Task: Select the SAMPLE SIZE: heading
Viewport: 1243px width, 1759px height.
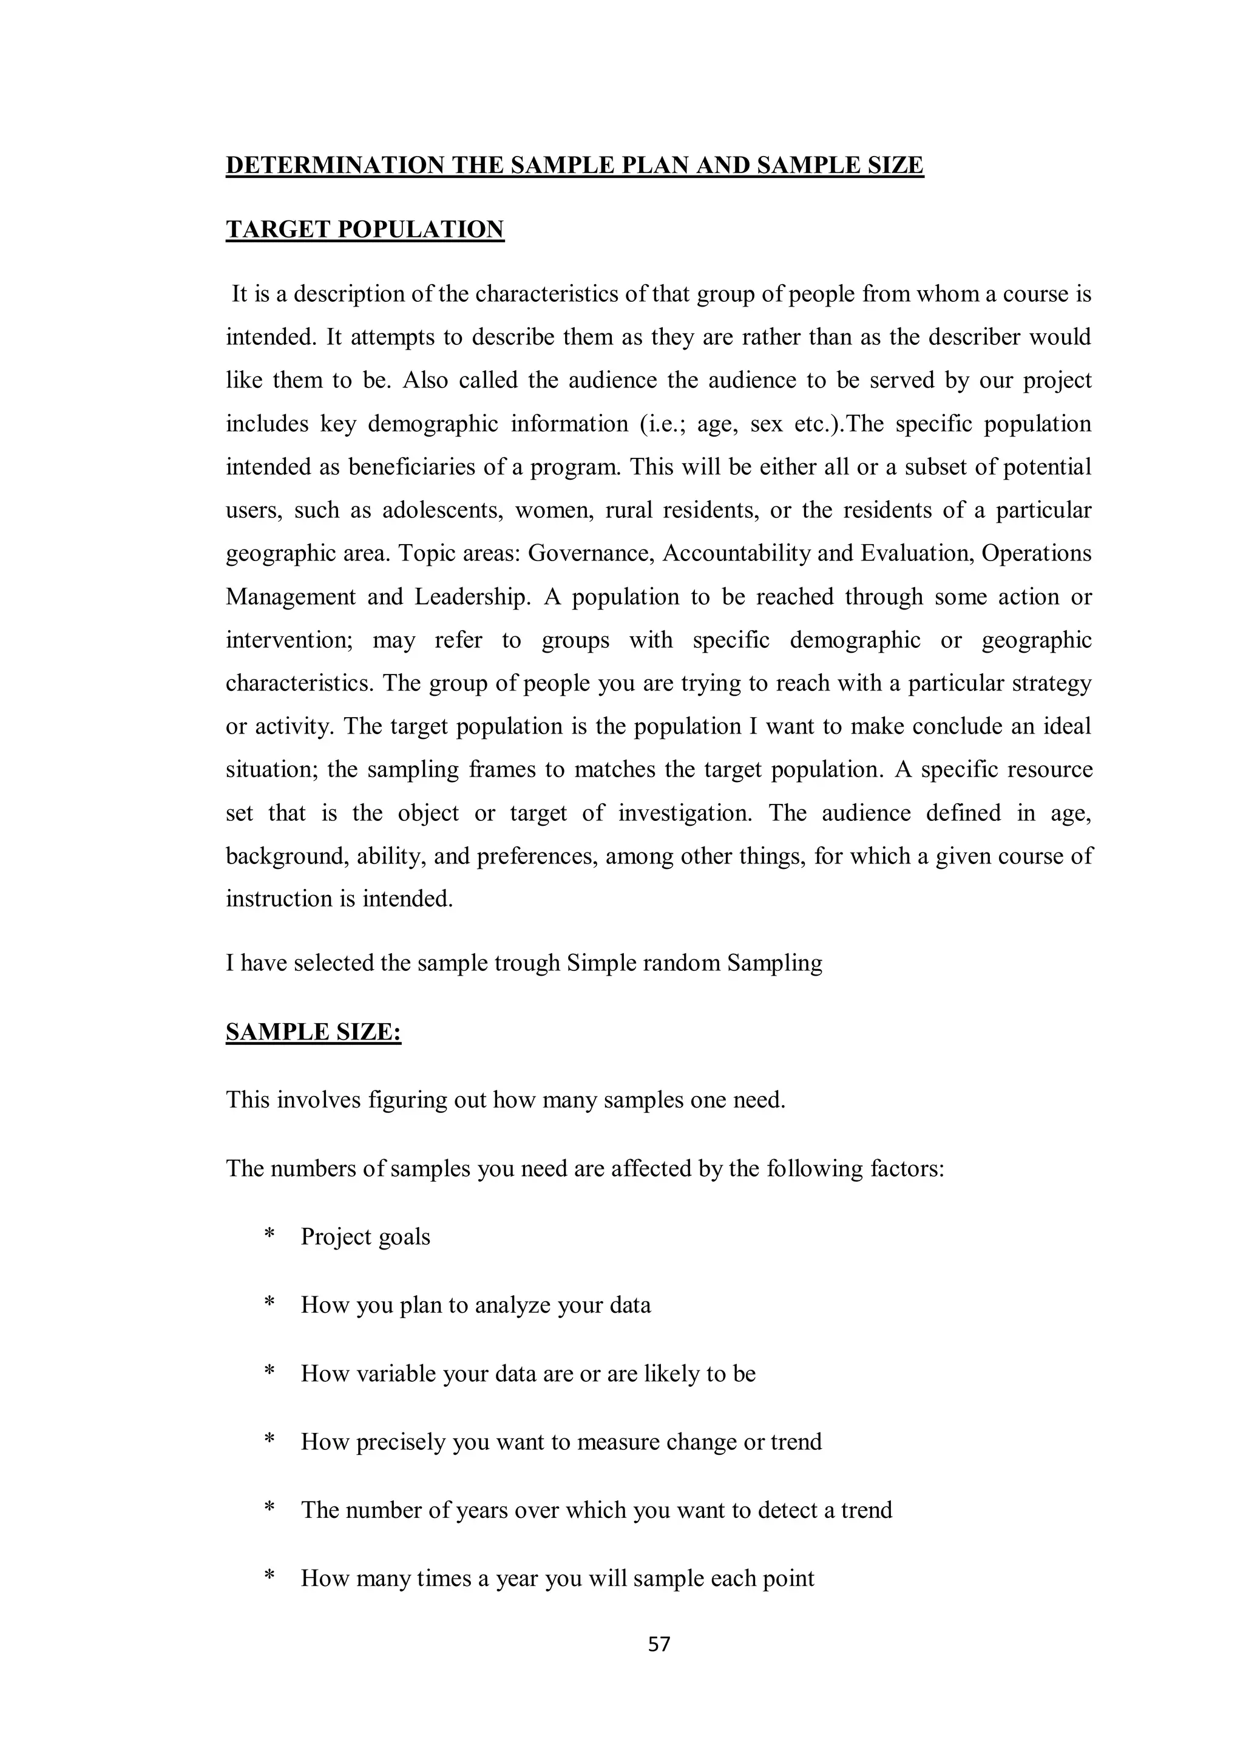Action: click(x=313, y=1032)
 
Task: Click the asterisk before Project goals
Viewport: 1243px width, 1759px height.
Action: click(x=269, y=1236)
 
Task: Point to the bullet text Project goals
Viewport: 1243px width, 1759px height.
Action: click(x=365, y=1236)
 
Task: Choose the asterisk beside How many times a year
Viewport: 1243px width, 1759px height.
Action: click(x=269, y=1577)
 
